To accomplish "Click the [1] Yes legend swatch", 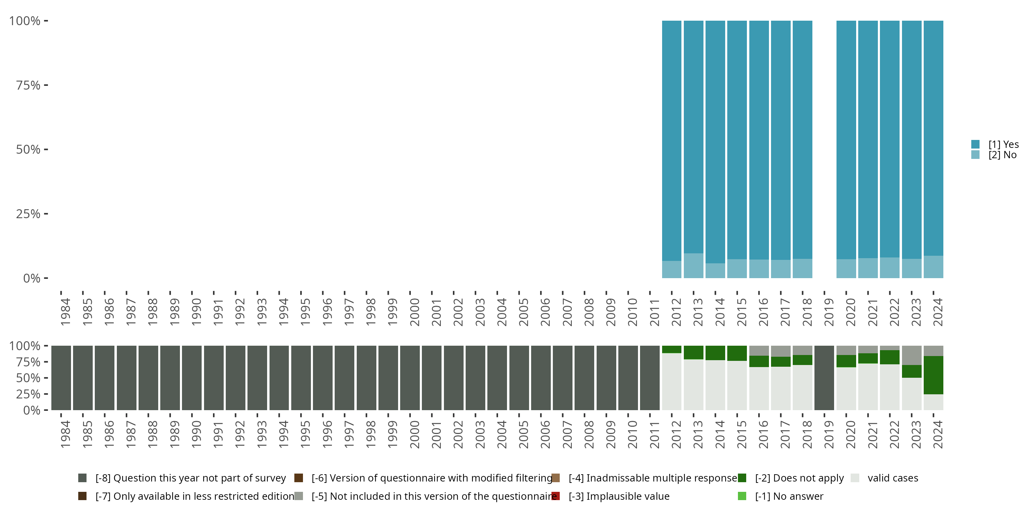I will point(975,144).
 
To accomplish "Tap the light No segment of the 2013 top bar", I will point(693,265).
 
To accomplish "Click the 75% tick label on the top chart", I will point(28,85).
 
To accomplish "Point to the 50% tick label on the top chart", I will point(28,149).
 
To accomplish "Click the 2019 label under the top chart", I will point(829,312).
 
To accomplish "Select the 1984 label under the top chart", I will point(65,312).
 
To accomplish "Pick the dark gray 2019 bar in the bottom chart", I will point(824,378).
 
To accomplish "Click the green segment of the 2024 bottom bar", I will point(933,375).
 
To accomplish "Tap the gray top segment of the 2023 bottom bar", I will point(912,355).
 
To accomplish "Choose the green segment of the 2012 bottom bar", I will point(671,349).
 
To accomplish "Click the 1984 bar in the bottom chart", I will point(61,378).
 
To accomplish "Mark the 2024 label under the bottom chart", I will point(937,434).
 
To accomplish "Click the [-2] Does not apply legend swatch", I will point(742,478).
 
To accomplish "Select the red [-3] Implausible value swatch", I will point(556,496).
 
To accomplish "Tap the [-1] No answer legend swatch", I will point(742,496).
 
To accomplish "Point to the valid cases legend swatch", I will point(855,478).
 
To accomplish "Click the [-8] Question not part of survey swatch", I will point(82,478).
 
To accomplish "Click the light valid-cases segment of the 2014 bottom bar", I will point(715,385).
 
